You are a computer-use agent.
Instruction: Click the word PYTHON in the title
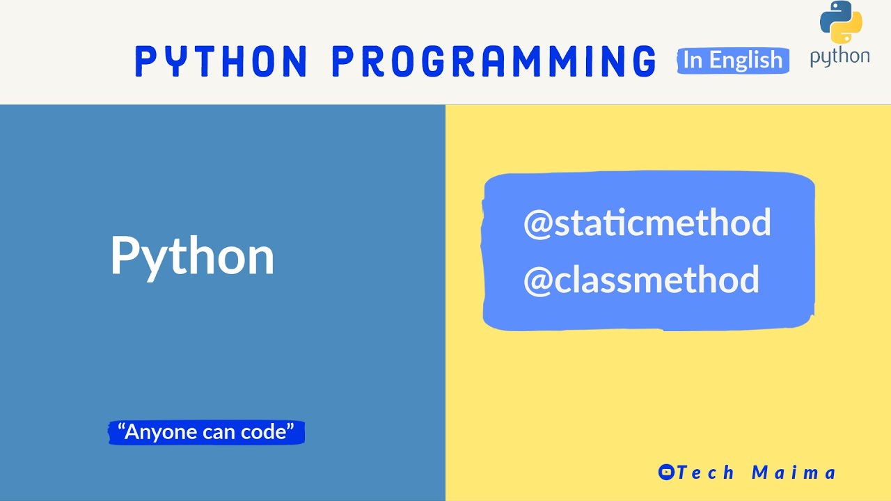(221, 61)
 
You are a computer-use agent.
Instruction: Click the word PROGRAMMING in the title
(494, 61)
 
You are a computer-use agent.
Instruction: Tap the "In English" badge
(733, 61)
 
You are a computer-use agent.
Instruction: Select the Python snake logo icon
(841, 22)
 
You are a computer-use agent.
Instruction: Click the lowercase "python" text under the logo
(839, 57)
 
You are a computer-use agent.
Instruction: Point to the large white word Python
(192, 256)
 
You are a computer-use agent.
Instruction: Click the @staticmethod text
(647, 223)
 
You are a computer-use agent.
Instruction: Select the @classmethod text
(641, 280)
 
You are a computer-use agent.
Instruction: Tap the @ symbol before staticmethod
(537, 223)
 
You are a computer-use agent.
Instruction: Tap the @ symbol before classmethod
(537, 280)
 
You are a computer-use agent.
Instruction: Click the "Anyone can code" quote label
(207, 432)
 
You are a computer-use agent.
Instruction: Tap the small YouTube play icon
(666, 472)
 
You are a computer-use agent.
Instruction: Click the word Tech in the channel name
(706, 472)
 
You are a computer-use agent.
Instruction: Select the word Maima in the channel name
(794, 472)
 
